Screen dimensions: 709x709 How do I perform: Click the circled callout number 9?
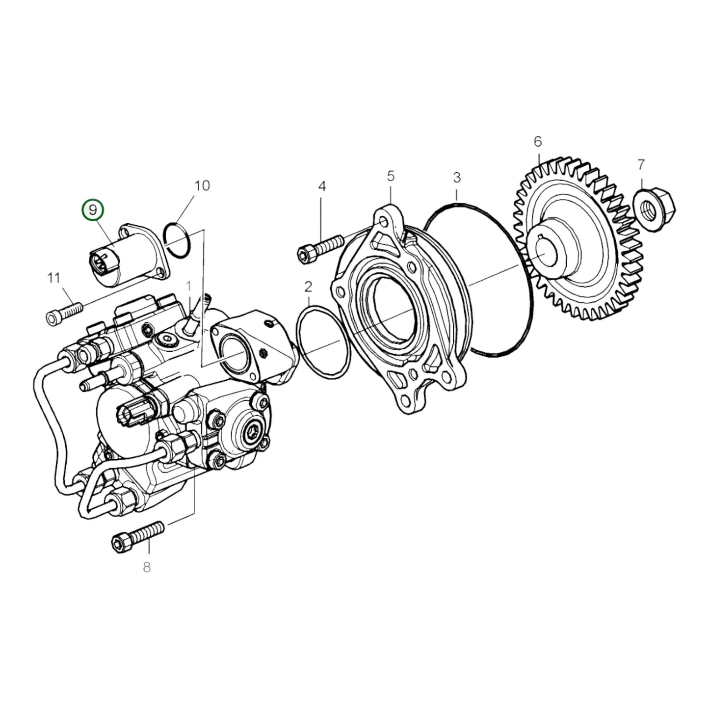click(x=93, y=210)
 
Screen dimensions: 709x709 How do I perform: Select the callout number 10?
click(x=202, y=185)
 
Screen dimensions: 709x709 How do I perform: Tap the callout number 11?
click(x=53, y=278)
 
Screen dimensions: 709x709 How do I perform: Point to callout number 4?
click(x=322, y=186)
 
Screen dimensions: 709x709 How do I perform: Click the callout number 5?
click(x=391, y=175)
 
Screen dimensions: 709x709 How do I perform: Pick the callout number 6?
click(x=538, y=142)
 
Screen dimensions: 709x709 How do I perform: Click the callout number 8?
click(x=147, y=568)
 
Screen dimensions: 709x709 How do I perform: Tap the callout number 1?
click(x=188, y=286)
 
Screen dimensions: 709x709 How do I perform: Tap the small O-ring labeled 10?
click(x=178, y=239)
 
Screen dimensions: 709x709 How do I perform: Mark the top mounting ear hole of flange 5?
click(x=384, y=223)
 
